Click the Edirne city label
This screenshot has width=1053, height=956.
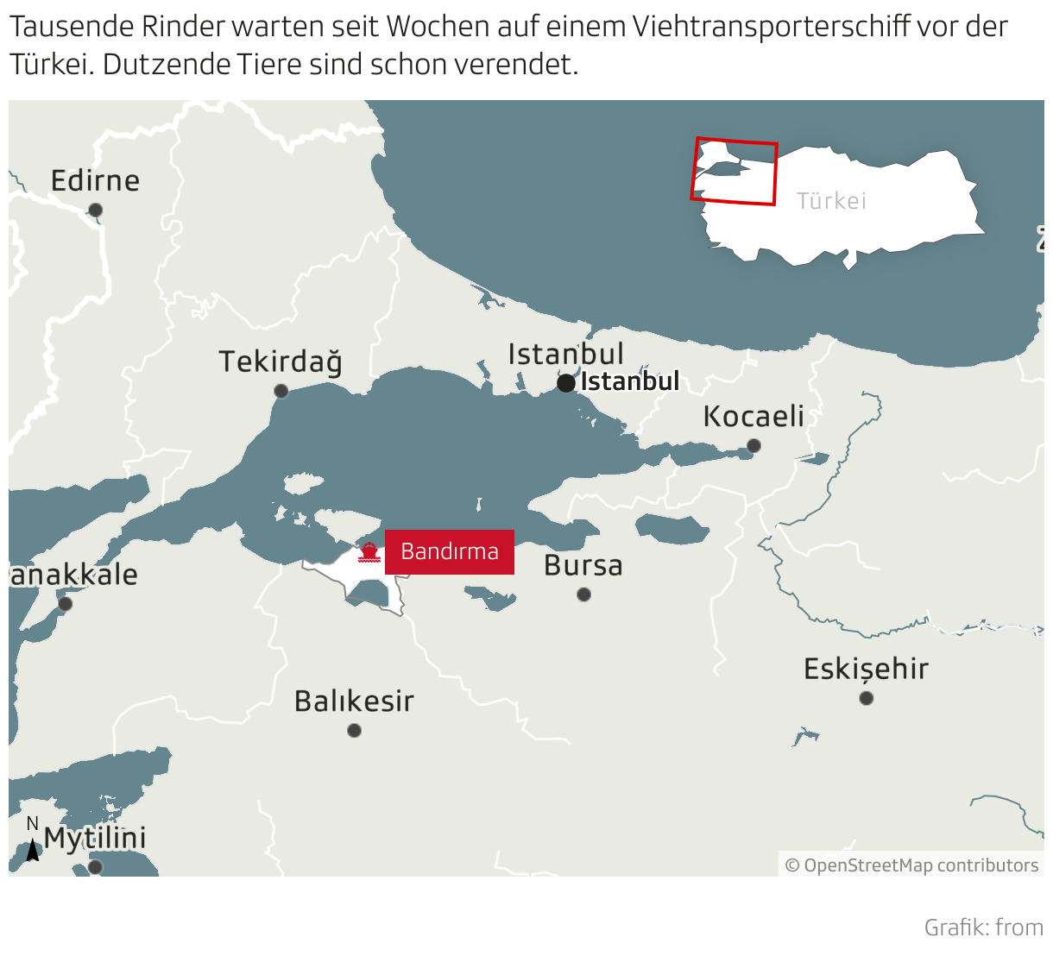[95, 180]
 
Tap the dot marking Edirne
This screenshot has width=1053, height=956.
[96, 210]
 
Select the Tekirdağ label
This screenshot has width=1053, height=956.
[280, 362]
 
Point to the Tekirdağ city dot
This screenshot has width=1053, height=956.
[281, 391]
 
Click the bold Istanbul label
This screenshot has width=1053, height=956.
[630, 381]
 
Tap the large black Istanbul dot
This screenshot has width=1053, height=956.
[566, 382]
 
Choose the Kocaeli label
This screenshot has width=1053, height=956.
[753, 416]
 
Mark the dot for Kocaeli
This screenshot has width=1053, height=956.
[753, 445]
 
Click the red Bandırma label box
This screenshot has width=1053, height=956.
[450, 551]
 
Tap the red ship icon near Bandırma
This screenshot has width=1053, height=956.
[369, 552]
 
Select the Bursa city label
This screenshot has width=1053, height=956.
[583, 566]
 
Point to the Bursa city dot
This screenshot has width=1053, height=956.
[584, 594]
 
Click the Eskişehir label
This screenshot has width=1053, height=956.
[866, 669]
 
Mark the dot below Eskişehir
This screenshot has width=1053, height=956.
[867, 697]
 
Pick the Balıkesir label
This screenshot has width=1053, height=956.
[354, 701]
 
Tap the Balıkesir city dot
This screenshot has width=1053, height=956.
[354, 730]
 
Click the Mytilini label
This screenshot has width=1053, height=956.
[95, 838]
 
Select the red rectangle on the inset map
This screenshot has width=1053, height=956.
[735, 172]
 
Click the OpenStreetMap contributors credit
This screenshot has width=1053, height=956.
[912, 865]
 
